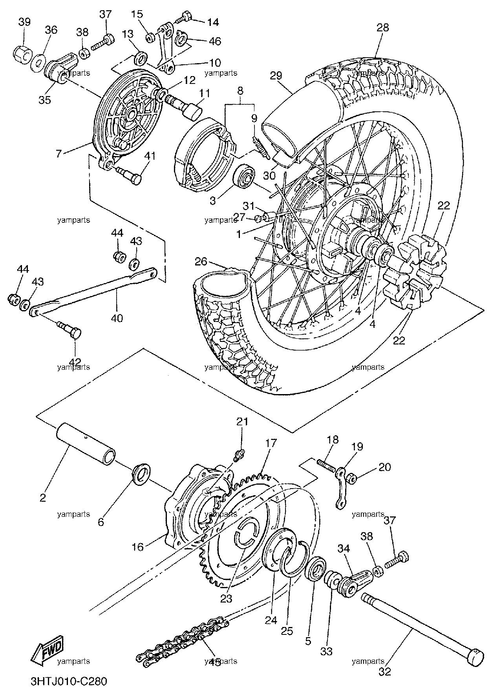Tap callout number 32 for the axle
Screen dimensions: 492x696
coord(385,672)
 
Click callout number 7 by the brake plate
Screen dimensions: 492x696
coord(59,153)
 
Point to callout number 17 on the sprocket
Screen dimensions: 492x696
coord(271,443)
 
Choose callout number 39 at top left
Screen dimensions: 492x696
coord(24,22)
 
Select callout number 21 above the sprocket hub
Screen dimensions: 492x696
coord(242,422)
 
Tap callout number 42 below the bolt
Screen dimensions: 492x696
coord(75,361)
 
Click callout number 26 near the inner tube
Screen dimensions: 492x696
coord(201,261)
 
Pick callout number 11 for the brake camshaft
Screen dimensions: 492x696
coord(204,93)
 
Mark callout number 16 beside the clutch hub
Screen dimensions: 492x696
coord(138,546)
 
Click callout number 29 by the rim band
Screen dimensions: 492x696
coord(276,75)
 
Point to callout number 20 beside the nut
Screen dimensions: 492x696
coord(385,467)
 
